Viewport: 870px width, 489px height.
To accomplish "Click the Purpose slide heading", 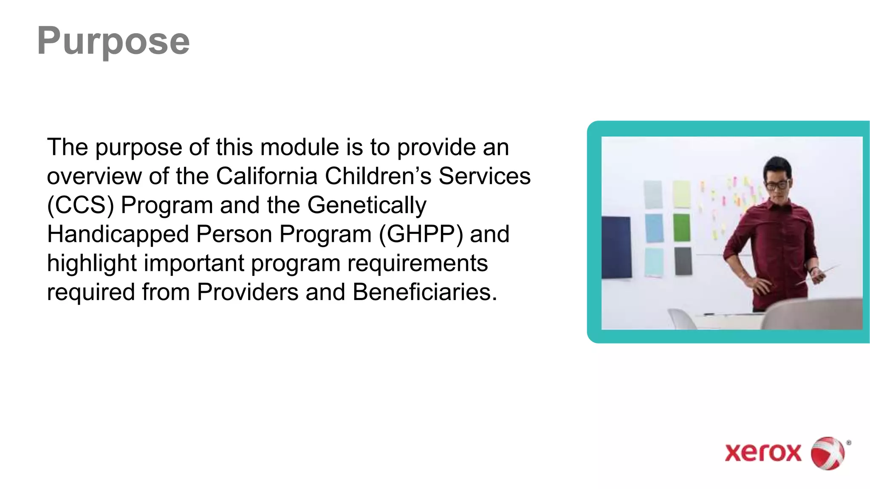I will pyautogui.click(x=113, y=41).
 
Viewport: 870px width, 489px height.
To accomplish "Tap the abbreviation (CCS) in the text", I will pyautogui.click(x=80, y=205).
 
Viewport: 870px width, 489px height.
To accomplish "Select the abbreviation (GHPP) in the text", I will pyautogui.click(x=421, y=234).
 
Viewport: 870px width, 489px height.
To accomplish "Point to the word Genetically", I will pyautogui.click(x=367, y=205).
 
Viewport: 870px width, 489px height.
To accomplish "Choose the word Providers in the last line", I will pyautogui.click(x=247, y=292).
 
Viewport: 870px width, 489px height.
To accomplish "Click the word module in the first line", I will pyautogui.click(x=299, y=147).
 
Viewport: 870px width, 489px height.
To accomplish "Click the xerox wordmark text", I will pyautogui.click(x=763, y=453).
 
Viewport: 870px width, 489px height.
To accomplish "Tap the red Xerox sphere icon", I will pyautogui.click(x=828, y=453).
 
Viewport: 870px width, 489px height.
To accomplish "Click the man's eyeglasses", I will pyautogui.click(x=777, y=185).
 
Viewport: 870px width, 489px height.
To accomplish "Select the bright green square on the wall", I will pyautogui.click(x=682, y=228).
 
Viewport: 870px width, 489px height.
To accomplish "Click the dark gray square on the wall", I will pyautogui.click(x=683, y=261).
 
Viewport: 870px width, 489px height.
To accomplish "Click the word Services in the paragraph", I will pyautogui.click(x=484, y=176).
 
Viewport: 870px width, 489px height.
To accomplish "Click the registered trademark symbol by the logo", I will pyautogui.click(x=848, y=443).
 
